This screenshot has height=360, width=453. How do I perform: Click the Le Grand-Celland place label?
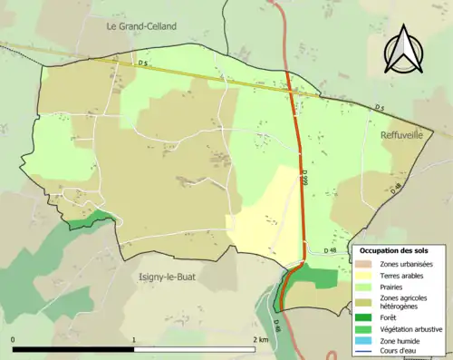141,26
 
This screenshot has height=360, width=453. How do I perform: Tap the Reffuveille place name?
403,134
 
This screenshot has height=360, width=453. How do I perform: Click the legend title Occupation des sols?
396,249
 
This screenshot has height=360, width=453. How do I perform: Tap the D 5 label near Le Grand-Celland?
143,62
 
